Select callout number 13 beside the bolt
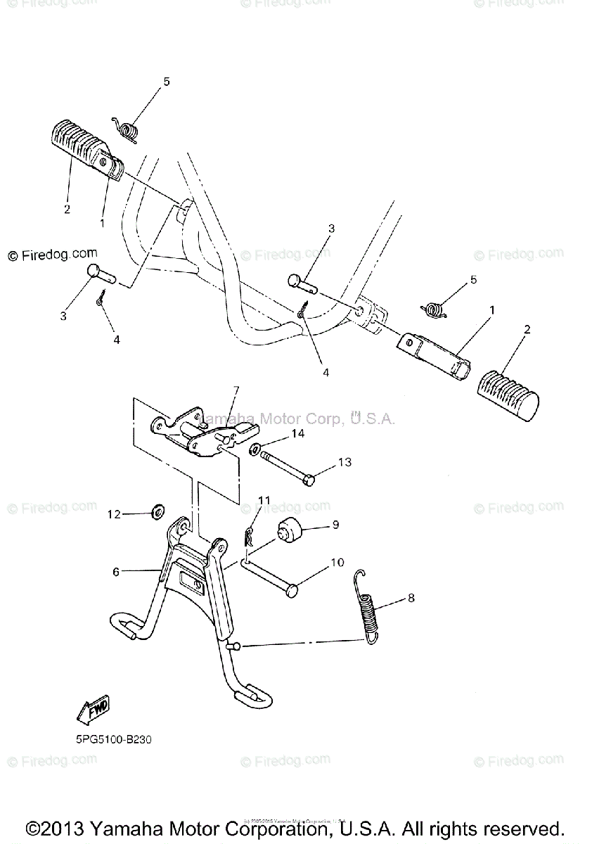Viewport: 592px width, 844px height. [345, 462]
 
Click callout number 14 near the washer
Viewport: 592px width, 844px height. [298, 434]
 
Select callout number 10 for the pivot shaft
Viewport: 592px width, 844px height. [337, 563]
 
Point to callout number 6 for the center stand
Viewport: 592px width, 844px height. [117, 572]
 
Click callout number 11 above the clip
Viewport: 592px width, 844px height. [264, 500]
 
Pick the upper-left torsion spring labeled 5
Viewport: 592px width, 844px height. [127, 129]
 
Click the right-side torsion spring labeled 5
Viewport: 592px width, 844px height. [435, 307]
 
